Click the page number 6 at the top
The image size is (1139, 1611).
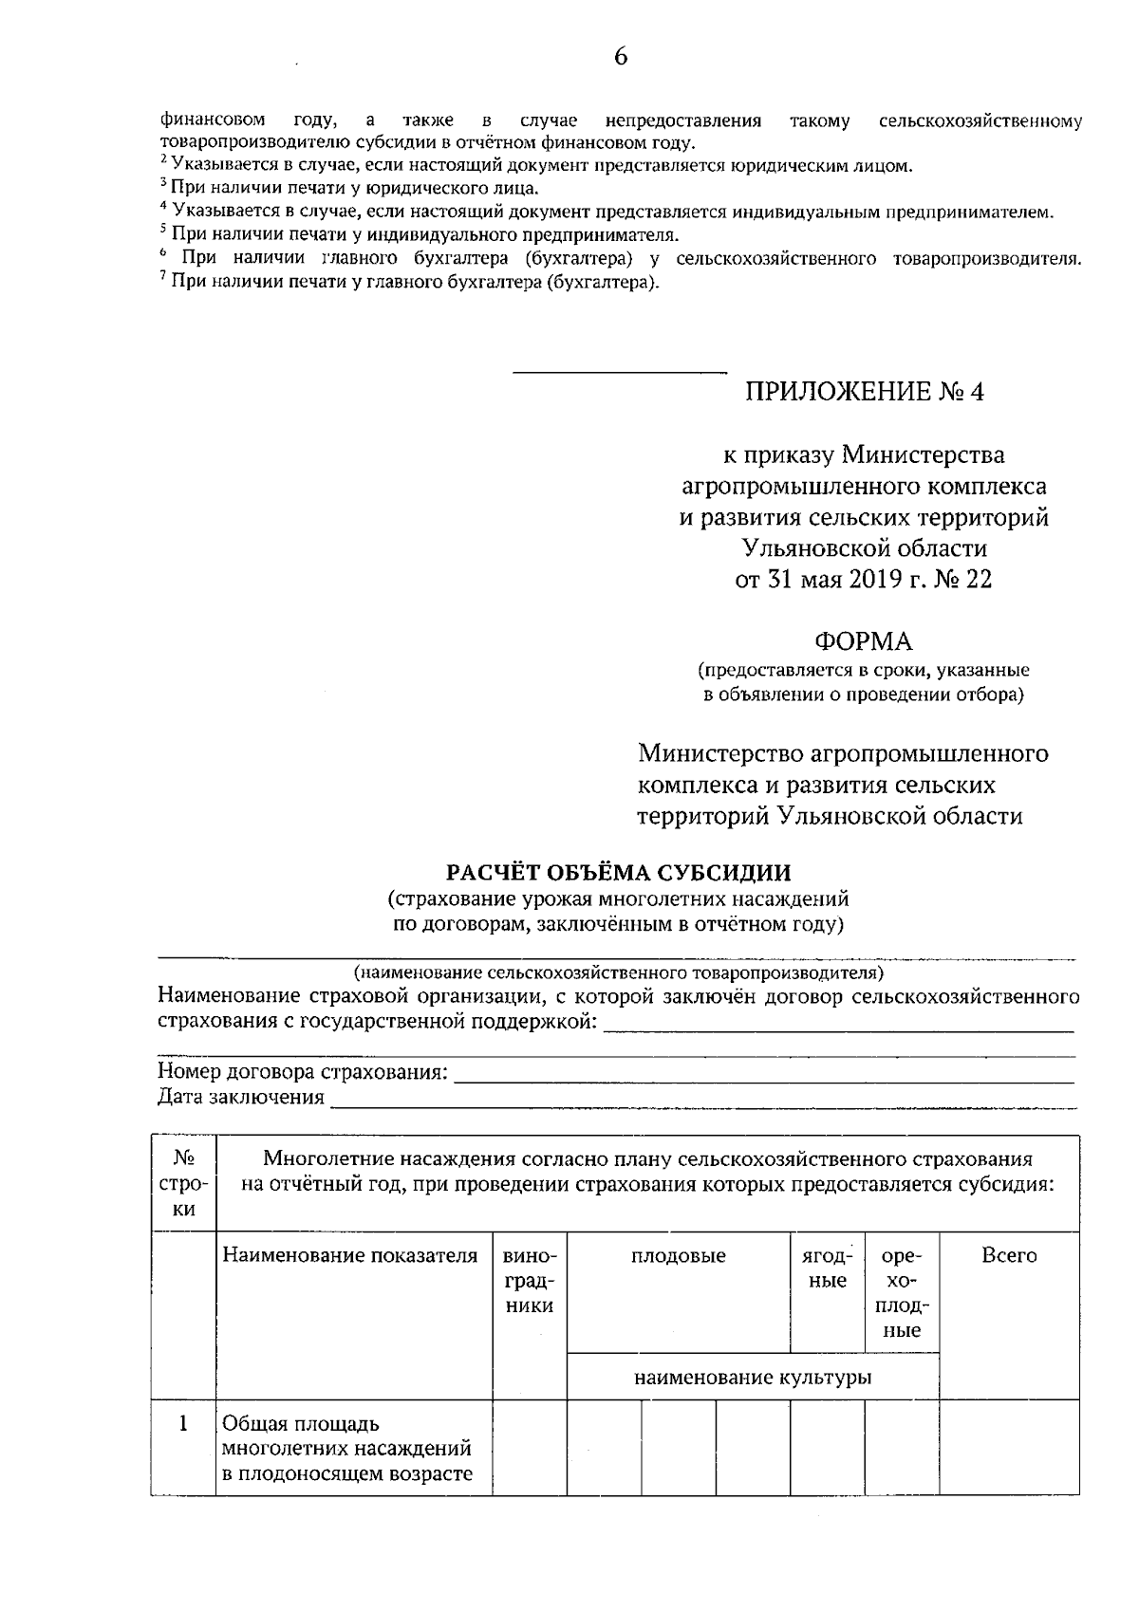click(620, 56)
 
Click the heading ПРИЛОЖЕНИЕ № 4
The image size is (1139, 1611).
click(864, 392)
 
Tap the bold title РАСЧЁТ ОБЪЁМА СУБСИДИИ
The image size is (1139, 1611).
click(618, 872)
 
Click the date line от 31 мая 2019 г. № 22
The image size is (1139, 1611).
click(864, 580)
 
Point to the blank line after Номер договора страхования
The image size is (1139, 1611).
click(764, 1074)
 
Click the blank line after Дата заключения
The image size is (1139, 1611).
click(702, 1099)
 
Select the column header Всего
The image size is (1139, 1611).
click(1009, 1256)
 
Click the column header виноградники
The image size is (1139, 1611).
click(529, 1281)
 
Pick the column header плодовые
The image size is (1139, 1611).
click(679, 1256)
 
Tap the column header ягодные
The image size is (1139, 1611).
click(827, 1268)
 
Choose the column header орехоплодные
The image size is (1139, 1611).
click(902, 1293)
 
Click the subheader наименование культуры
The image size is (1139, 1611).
click(753, 1378)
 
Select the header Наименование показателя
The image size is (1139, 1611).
click(350, 1256)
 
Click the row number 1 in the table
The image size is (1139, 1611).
click(183, 1424)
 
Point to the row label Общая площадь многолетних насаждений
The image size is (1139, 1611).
click(346, 1449)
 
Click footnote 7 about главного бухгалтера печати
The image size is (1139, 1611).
click(409, 283)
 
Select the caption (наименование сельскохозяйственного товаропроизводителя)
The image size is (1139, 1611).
click(618, 972)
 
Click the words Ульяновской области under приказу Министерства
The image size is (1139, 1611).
click(864, 548)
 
